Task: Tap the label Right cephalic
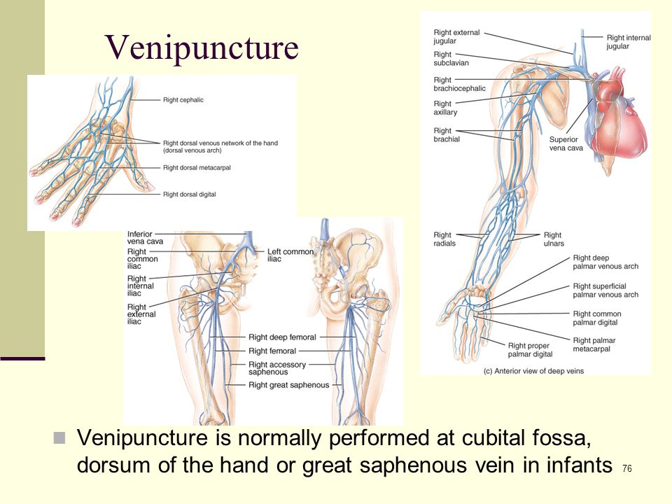pos(183,100)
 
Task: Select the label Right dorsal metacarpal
pos(197,167)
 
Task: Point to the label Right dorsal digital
pos(190,194)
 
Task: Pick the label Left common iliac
pos(290,255)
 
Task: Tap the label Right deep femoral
pos(282,337)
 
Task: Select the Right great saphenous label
pos(289,385)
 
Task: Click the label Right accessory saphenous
pos(277,367)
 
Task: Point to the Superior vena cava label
pos(566,143)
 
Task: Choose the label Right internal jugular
pos(629,42)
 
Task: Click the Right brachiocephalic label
pos(459,84)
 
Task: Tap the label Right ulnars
pos(554,239)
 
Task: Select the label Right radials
pos(444,239)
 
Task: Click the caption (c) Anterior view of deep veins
pos(533,371)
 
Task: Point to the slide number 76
pos(627,468)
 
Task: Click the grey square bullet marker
pos(59,438)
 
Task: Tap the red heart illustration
pos(617,115)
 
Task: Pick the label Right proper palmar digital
pos(530,350)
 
